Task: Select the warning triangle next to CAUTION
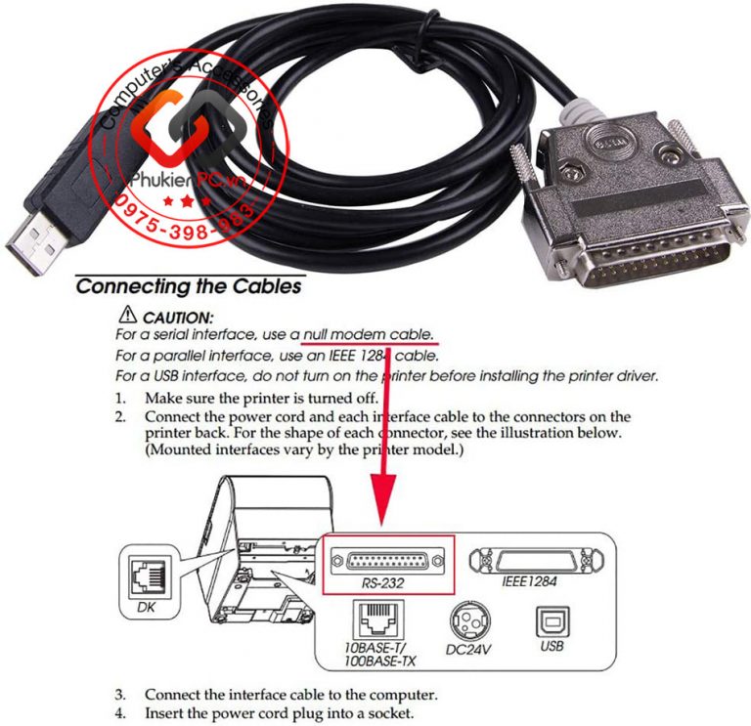click(126, 317)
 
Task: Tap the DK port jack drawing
click(150, 577)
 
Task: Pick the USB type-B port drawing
click(551, 621)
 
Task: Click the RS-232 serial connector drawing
click(385, 560)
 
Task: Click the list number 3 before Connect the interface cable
click(119, 695)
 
